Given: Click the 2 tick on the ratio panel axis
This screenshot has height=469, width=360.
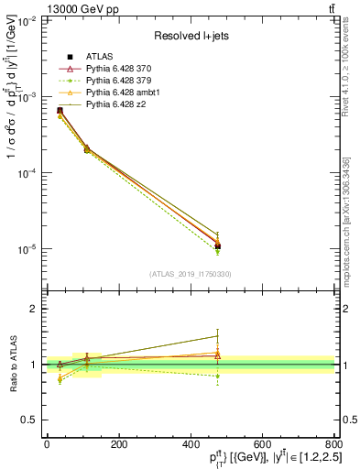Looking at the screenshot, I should pyautogui.click(x=34, y=310).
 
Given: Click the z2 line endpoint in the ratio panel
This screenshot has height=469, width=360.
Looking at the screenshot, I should pyautogui.click(x=217, y=335).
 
